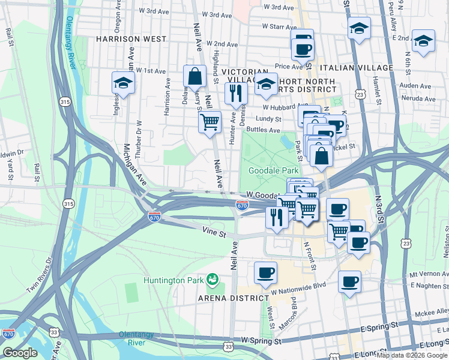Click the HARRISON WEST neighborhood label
coord(130,39)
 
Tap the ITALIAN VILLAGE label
coord(357,68)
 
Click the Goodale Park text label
coord(270,171)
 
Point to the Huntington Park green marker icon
coord(212,280)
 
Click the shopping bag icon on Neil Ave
coord(194,77)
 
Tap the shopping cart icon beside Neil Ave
coord(209,122)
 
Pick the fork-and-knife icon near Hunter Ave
coord(235,93)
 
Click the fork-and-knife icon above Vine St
coord(277,217)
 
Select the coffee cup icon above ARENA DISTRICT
coord(265,273)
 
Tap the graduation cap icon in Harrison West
coord(123,83)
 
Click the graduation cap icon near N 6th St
coord(423,41)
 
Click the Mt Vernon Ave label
coord(429,273)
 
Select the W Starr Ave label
coord(280,27)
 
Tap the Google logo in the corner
coord(20,353)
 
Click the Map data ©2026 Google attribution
coord(412,355)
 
